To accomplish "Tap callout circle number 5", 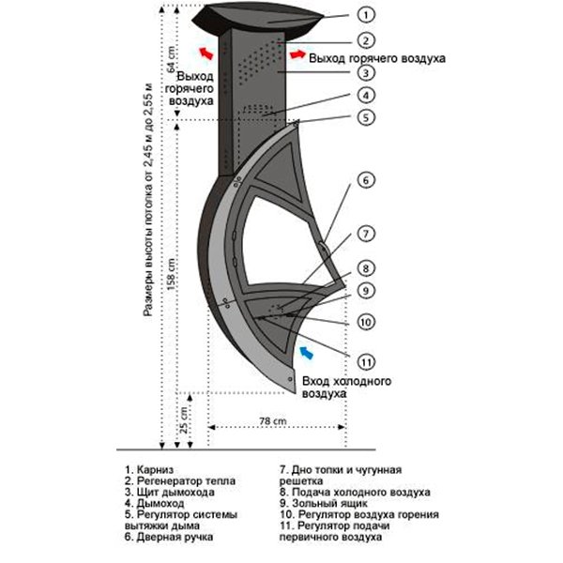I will coord(366,119).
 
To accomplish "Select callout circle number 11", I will coord(366,361).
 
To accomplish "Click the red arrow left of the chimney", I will coord(205,51).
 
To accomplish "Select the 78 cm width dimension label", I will coord(274,421).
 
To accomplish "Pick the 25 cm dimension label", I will coord(186,420).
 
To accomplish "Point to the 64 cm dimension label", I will coord(171,59).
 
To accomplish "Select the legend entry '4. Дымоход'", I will coord(156,503).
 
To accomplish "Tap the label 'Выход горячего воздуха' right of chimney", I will coord(375,58).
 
